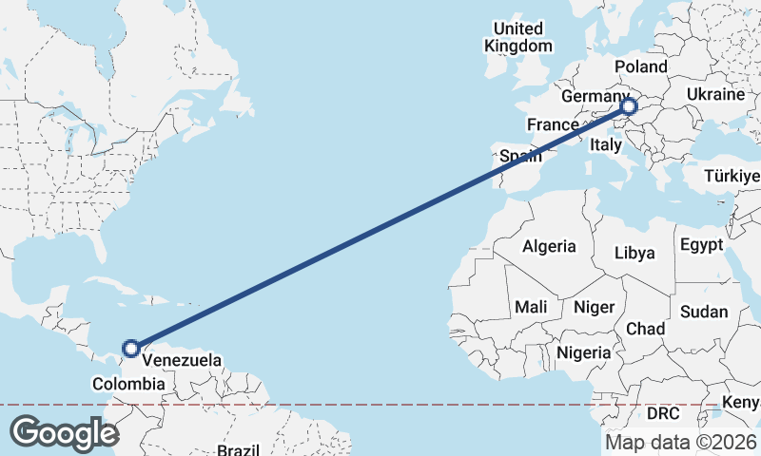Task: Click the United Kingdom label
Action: (517, 36)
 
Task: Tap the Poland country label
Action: (641, 66)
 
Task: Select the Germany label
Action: (594, 97)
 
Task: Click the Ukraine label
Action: (713, 95)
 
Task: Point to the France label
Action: (553, 124)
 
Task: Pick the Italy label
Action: (605, 144)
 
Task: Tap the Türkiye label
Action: (732, 177)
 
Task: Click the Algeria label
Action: (549, 246)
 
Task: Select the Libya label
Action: (634, 253)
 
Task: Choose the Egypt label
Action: (702, 245)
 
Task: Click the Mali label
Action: (530, 307)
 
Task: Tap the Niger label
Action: (594, 307)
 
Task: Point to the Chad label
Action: (645, 328)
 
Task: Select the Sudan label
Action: (704, 312)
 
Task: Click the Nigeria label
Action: (582, 352)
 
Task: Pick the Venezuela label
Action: (182, 361)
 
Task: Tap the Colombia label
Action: (128, 384)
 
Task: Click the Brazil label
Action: (238, 449)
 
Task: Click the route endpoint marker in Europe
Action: (628, 106)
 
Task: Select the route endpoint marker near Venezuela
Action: (130, 349)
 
